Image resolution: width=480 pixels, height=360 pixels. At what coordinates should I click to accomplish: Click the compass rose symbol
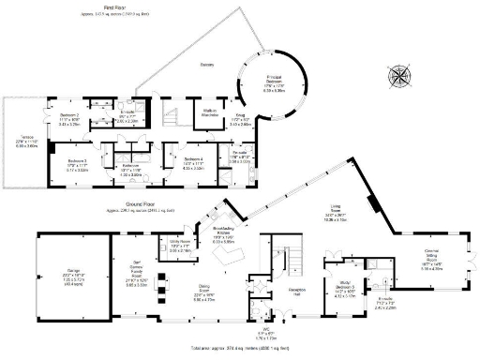[402, 74]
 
